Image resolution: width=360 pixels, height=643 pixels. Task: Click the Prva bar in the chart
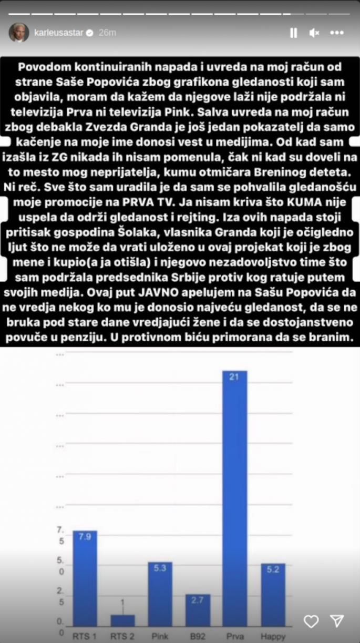[x=234, y=499]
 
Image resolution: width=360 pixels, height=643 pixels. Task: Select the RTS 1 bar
[x=85, y=578]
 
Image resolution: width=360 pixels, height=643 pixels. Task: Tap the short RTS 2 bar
[x=122, y=620]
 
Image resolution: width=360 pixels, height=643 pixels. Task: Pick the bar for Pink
[x=160, y=594]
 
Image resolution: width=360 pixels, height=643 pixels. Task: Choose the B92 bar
[x=198, y=610]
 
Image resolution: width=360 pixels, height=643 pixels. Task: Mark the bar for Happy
[x=273, y=595]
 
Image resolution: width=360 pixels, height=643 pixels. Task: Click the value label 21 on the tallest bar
[x=234, y=376]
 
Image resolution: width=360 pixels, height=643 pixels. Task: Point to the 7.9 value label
[x=85, y=537]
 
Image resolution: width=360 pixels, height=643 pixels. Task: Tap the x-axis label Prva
[x=234, y=636]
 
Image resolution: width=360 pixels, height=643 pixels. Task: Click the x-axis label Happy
[x=273, y=636]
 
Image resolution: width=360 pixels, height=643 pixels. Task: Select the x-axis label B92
[x=198, y=636]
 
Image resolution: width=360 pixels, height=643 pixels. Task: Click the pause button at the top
[x=293, y=33]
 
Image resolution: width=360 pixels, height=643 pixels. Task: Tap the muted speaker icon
[x=314, y=33]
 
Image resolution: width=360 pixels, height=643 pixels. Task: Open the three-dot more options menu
[x=337, y=33]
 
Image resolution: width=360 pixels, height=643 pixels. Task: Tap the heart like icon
[x=311, y=621]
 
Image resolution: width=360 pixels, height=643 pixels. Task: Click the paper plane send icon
[x=337, y=621]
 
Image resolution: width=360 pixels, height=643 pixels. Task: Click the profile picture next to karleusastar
[x=18, y=33]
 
